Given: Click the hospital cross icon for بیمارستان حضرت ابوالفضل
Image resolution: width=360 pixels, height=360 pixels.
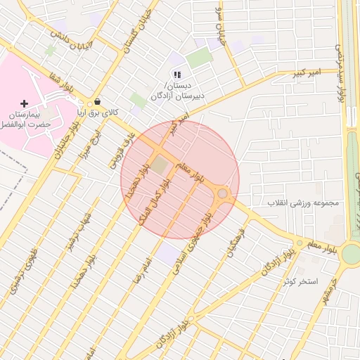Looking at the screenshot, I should [x=25, y=103].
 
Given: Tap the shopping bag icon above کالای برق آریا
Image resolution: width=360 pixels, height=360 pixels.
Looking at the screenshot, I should [x=96, y=101].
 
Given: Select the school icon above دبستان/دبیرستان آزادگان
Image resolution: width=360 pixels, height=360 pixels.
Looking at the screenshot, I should [x=177, y=74].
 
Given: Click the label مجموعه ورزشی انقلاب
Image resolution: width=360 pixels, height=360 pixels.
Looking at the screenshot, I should [x=303, y=203].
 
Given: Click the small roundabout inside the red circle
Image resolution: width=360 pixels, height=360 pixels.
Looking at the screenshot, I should [x=223, y=193].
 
